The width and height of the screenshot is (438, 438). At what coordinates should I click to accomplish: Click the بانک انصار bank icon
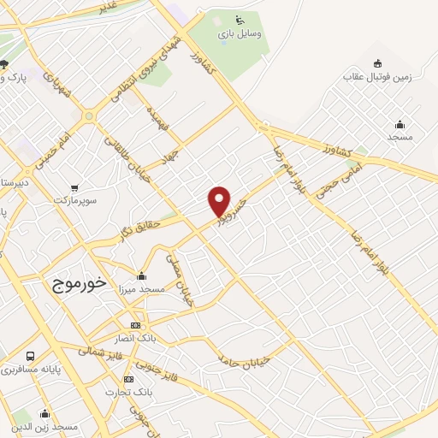click(135, 326)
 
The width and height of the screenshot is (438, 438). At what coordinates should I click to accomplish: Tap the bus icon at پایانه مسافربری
click(31, 356)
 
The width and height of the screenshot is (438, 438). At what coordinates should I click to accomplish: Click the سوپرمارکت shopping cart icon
click(76, 187)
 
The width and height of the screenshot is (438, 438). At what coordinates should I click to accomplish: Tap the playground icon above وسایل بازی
click(240, 21)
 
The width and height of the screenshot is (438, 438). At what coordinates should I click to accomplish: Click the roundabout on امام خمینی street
click(89, 115)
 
